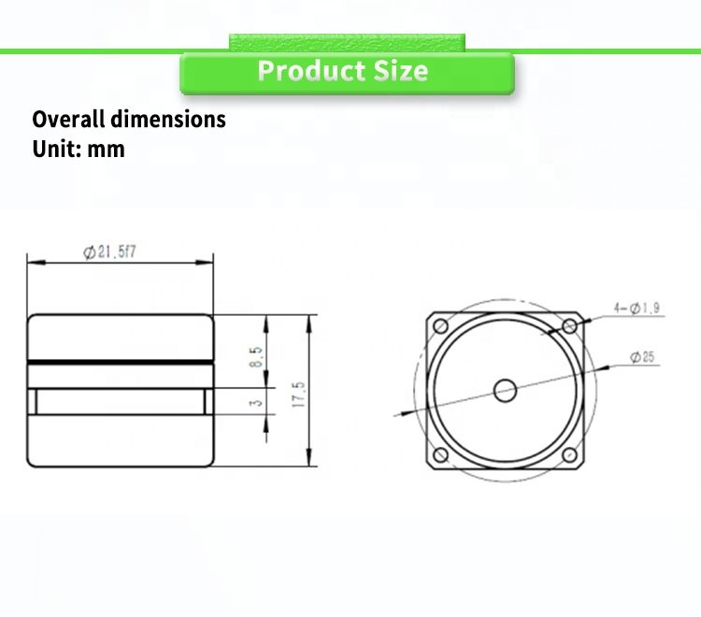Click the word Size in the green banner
401,71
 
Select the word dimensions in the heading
168,119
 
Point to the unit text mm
106,149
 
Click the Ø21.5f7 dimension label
109,252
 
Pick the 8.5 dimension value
256,357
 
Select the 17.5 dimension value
298,395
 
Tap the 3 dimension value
255,403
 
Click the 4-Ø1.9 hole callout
637,308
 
